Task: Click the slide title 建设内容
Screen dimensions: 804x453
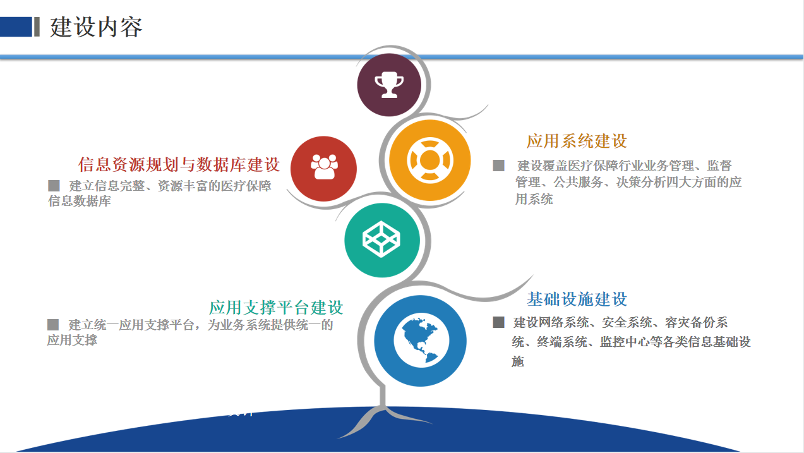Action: pyautogui.click(x=96, y=27)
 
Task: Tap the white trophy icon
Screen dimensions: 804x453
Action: pyautogui.click(x=389, y=85)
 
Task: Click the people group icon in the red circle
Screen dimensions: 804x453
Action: pyautogui.click(x=324, y=167)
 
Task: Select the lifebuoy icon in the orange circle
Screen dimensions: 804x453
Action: pyautogui.click(x=430, y=160)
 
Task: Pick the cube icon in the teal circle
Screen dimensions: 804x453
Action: pyautogui.click(x=381, y=239)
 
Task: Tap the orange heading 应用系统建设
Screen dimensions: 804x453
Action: pyautogui.click(x=577, y=141)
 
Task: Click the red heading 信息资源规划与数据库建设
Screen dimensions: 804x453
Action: pyautogui.click(x=179, y=164)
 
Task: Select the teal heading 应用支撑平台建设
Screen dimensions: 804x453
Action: pyautogui.click(x=276, y=308)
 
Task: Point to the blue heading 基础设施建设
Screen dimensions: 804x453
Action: pyautogui.click(x=577, y=299)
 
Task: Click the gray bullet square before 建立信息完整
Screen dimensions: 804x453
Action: pyautogui.click(x=54, y=186)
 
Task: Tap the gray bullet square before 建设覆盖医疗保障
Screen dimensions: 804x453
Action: pyautogui.click(x=498, y=166)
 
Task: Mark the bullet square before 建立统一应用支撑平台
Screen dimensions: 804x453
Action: pyautogui.click(x=53, y=325)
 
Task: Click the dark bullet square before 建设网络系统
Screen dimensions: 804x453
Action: pyautogui.click(x=498, y=322)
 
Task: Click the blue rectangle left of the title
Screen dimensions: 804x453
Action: pyautogui.click(x=16, y=27)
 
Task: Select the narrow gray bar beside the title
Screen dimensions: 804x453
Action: pyautogui.click(x=37, y=27)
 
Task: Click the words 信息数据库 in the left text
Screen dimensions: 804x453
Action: pyautogui.click(x=80, y=201)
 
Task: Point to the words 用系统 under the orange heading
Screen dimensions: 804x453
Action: pyautogui.click(x=534, y=199)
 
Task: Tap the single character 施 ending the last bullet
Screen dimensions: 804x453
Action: pyautogui.click(x=518, y=361)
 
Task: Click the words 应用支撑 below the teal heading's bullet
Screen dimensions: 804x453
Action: pyautogui.click(x=72, y=340)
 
